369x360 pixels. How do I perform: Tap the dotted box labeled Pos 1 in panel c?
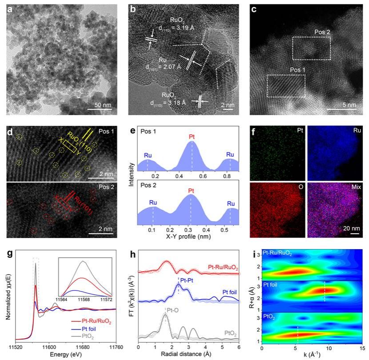[x=286, y=85]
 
